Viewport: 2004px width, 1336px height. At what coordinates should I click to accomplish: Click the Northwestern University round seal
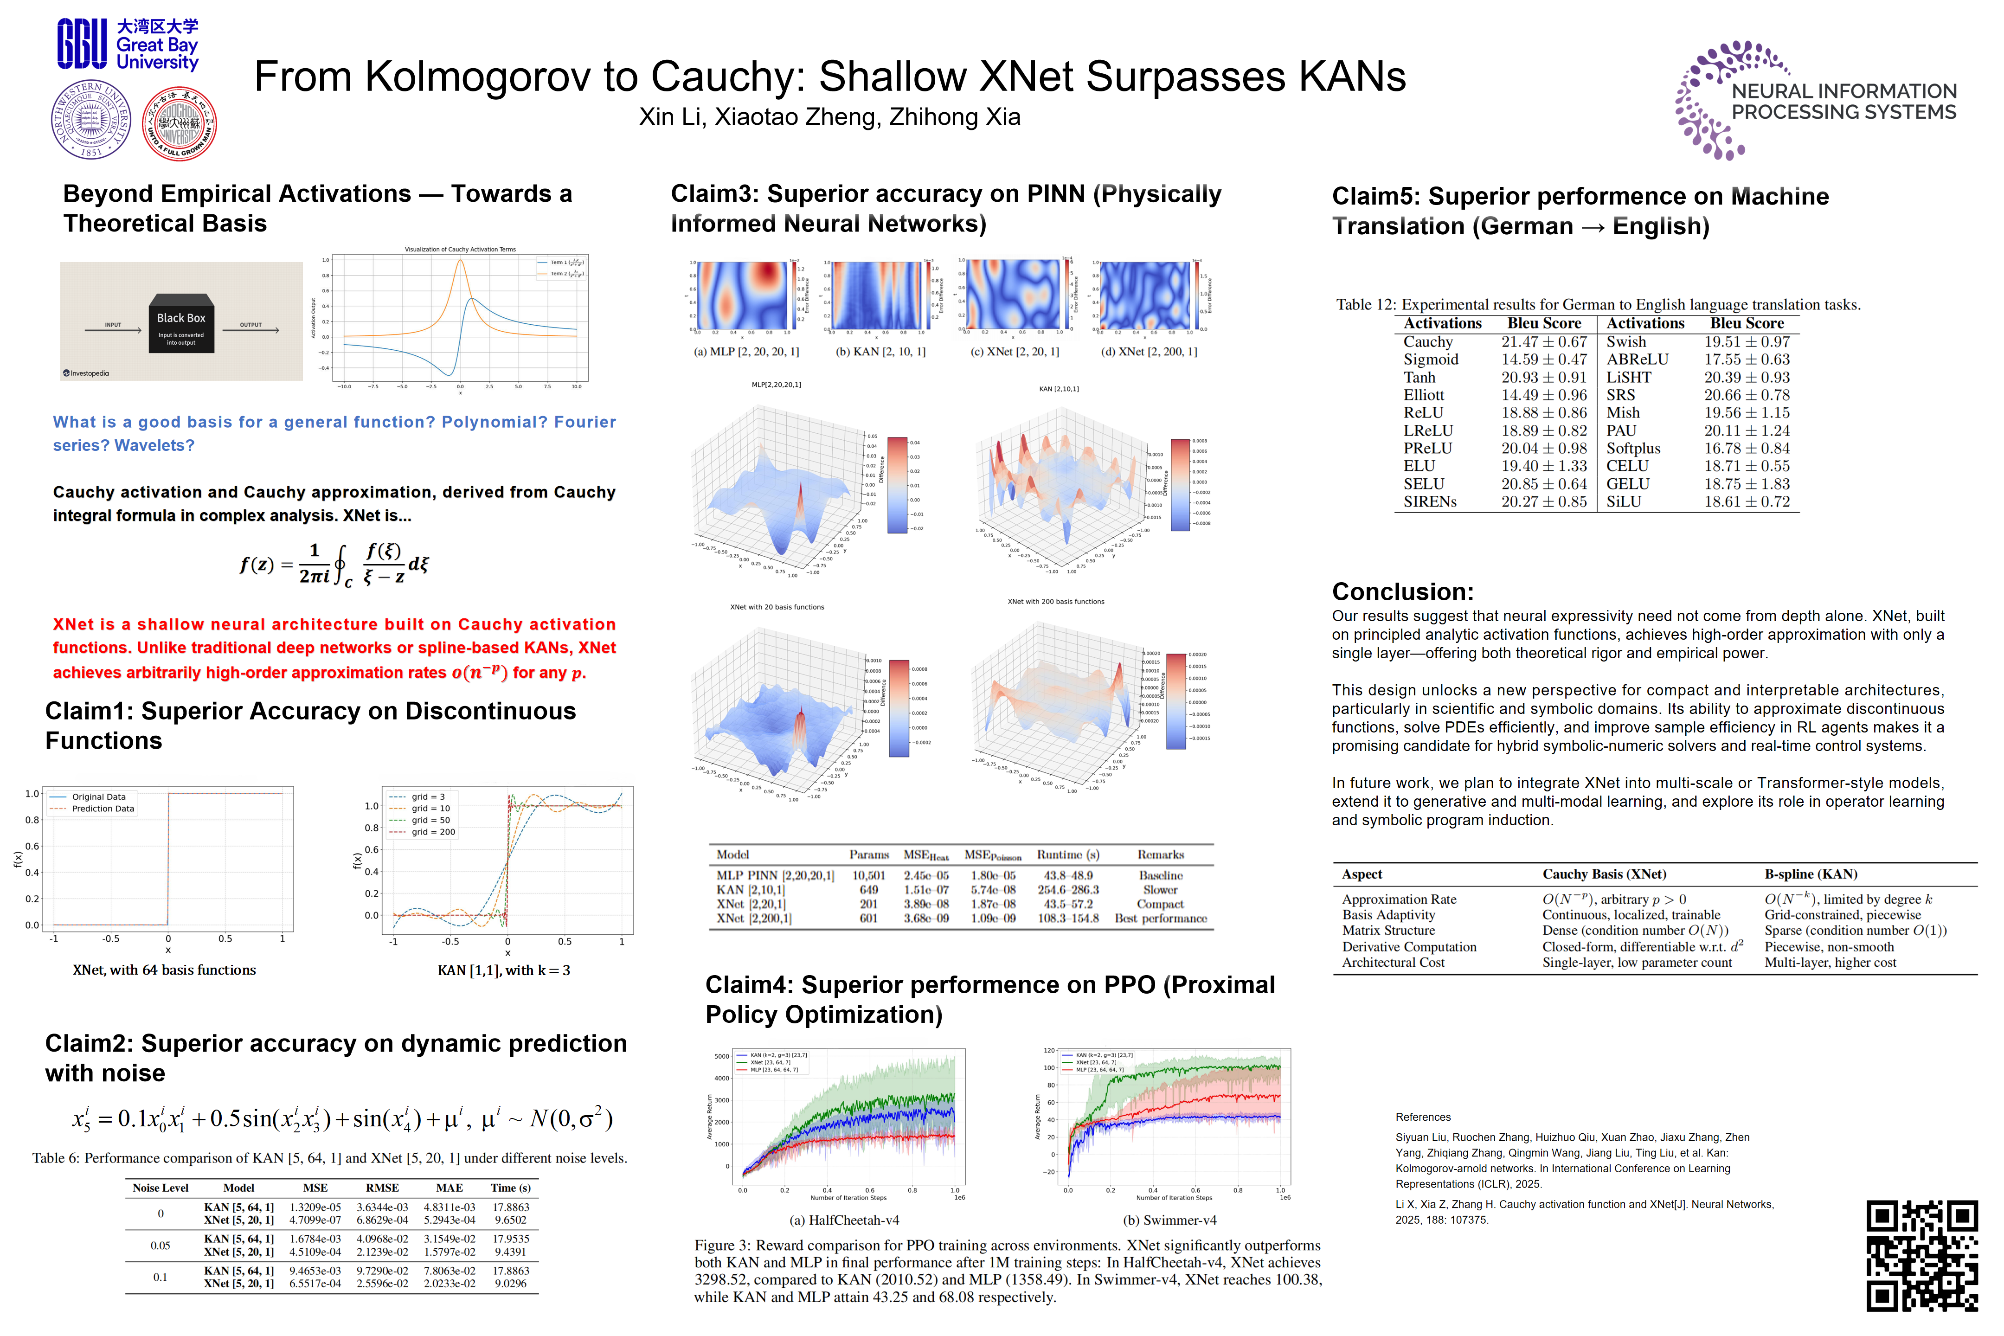[90, 120]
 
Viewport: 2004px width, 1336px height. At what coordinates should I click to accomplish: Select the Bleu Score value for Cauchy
[1544, 342]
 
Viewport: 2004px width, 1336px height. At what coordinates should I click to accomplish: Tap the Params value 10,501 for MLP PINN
[868, 875]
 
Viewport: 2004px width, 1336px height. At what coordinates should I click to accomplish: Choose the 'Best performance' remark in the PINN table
[1161, 918]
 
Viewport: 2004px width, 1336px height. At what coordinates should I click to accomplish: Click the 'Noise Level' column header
[160, 1188]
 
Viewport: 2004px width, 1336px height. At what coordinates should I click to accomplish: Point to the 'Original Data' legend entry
[98, 797]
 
